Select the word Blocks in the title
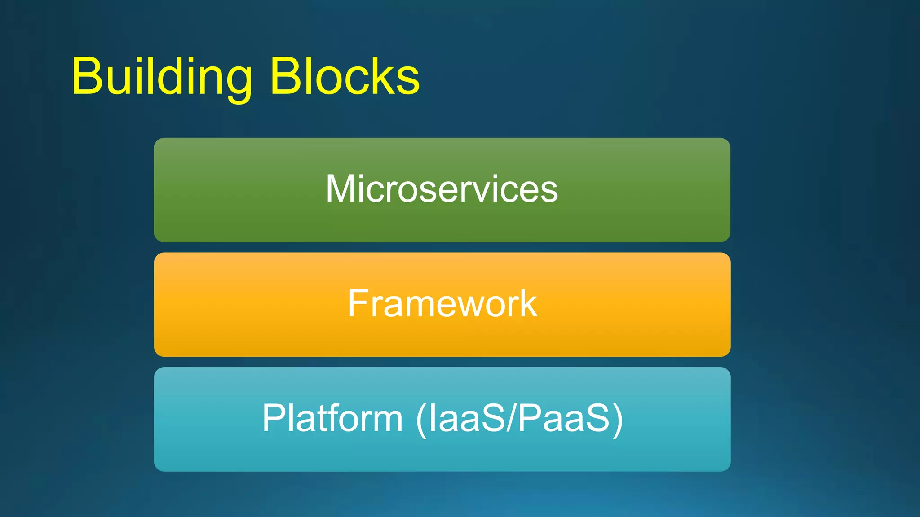click(x=345, y=76)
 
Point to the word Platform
click(x=332, y=418)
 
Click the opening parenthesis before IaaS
click(x=421, y=419)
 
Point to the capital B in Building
click(x=87, y=76)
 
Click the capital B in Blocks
click(x=286, y=76)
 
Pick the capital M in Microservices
click(x=343, y=189)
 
